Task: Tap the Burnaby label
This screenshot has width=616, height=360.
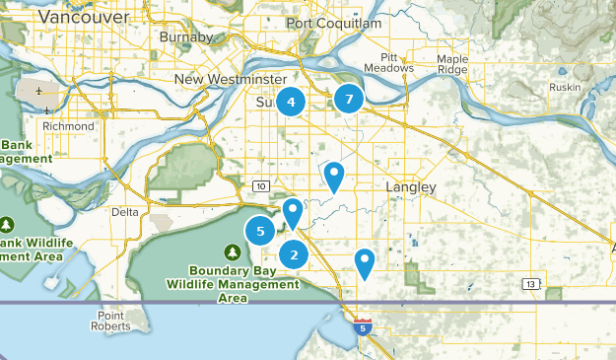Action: tap(185, 38)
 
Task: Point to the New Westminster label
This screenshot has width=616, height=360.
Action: tap(230, 79)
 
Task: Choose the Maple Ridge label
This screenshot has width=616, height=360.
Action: tap(452, 64)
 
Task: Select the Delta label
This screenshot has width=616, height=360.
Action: tap(125, 212)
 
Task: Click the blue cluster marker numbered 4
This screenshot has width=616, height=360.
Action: tap(291, 101)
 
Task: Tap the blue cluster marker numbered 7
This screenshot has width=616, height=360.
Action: tap(348, 99)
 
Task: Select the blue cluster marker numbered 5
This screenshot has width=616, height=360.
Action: tap(260, 232)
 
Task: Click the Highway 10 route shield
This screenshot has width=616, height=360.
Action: tap(260, 185)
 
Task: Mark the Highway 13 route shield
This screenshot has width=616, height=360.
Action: tap(532, 284)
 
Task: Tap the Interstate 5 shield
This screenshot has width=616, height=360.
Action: tap(365, 326)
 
